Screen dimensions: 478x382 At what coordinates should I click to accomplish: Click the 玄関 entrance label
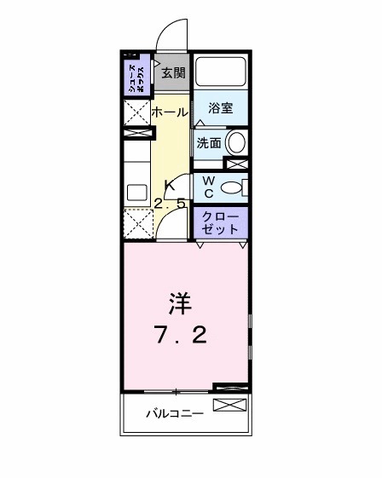173,72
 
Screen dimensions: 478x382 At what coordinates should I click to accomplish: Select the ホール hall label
170,112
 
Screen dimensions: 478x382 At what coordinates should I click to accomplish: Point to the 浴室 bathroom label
220,108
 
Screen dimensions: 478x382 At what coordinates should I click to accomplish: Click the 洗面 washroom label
209,142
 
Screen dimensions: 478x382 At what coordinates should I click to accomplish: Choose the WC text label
207,187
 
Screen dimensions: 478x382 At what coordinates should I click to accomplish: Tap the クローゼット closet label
220,224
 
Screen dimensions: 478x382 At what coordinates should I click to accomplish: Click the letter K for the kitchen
170,185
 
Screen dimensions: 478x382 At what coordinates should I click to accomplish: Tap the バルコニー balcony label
173,414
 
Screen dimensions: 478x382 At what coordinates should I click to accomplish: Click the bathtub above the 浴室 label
220,72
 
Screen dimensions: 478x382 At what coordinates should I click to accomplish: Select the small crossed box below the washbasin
235,162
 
